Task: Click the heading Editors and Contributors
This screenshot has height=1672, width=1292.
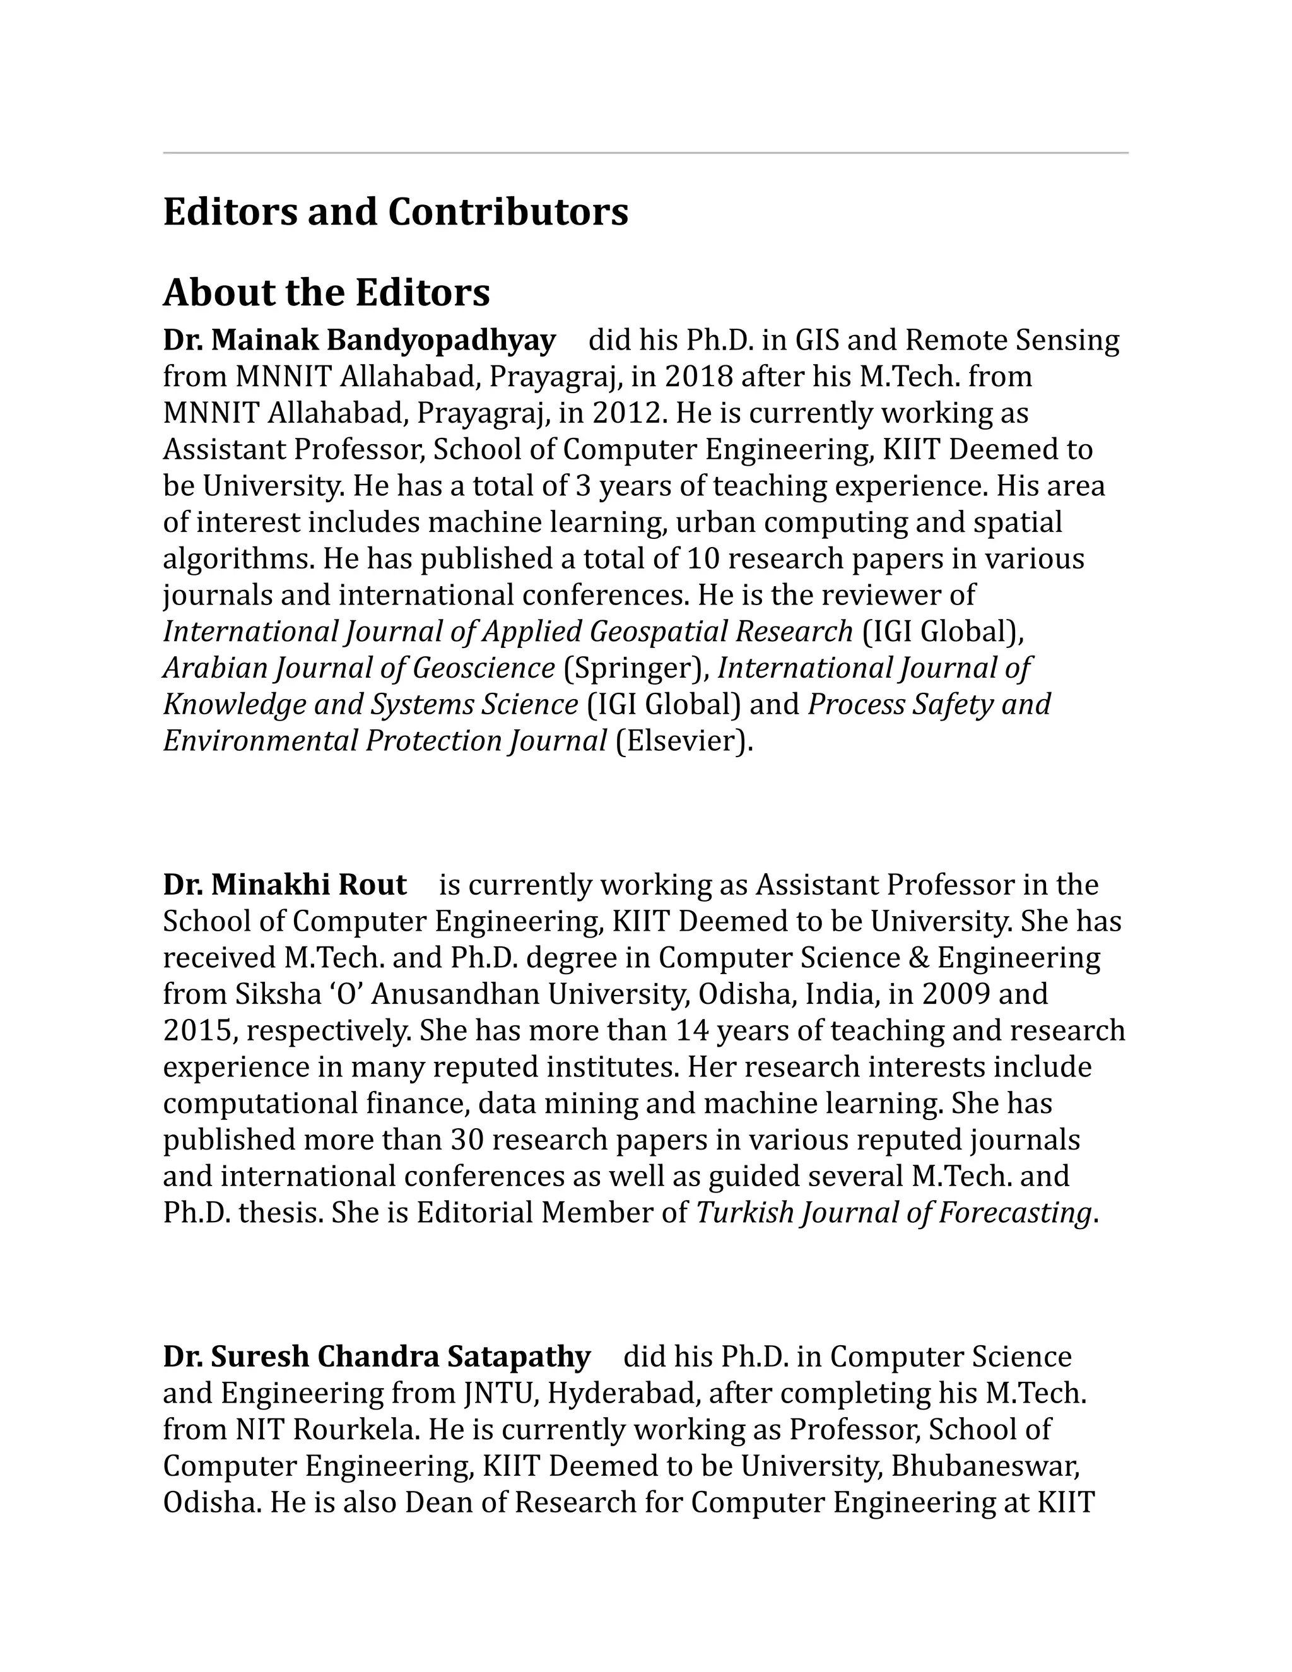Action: [395, 212]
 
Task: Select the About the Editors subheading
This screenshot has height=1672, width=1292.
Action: [326, 293]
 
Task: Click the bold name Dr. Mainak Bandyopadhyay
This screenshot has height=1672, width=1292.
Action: [359, 340]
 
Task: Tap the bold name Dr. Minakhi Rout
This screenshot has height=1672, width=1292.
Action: [284, 885]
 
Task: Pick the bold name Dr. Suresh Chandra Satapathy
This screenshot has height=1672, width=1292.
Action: [376, 1357]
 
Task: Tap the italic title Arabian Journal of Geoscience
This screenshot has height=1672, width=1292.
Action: [358, 668]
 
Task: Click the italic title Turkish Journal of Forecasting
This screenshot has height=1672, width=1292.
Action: [893, 1213]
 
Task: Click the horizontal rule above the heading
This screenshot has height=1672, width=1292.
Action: [645, 153]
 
